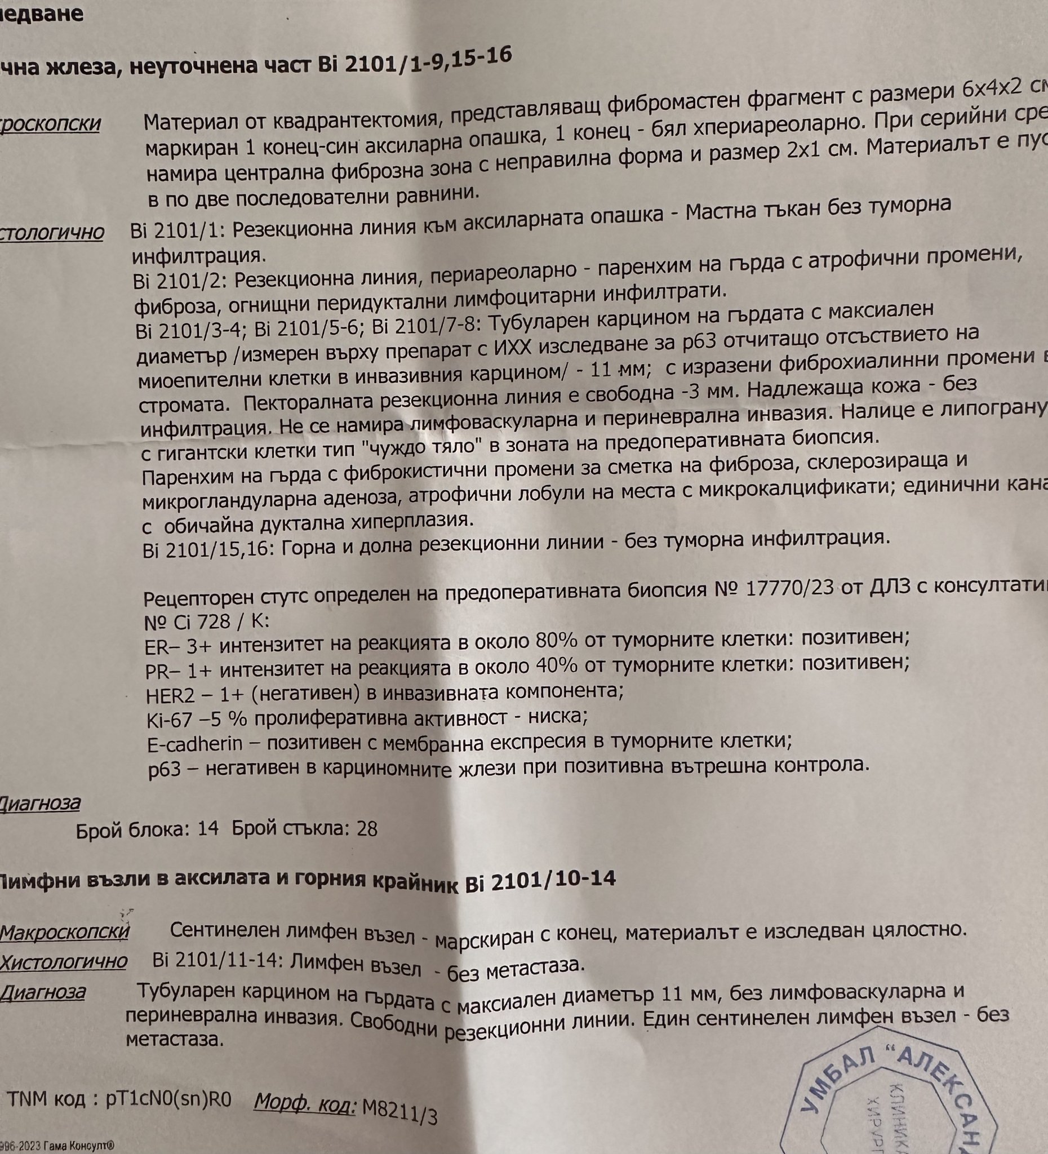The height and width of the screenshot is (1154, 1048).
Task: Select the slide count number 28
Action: pyautogui.click(x=366, y=829)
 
